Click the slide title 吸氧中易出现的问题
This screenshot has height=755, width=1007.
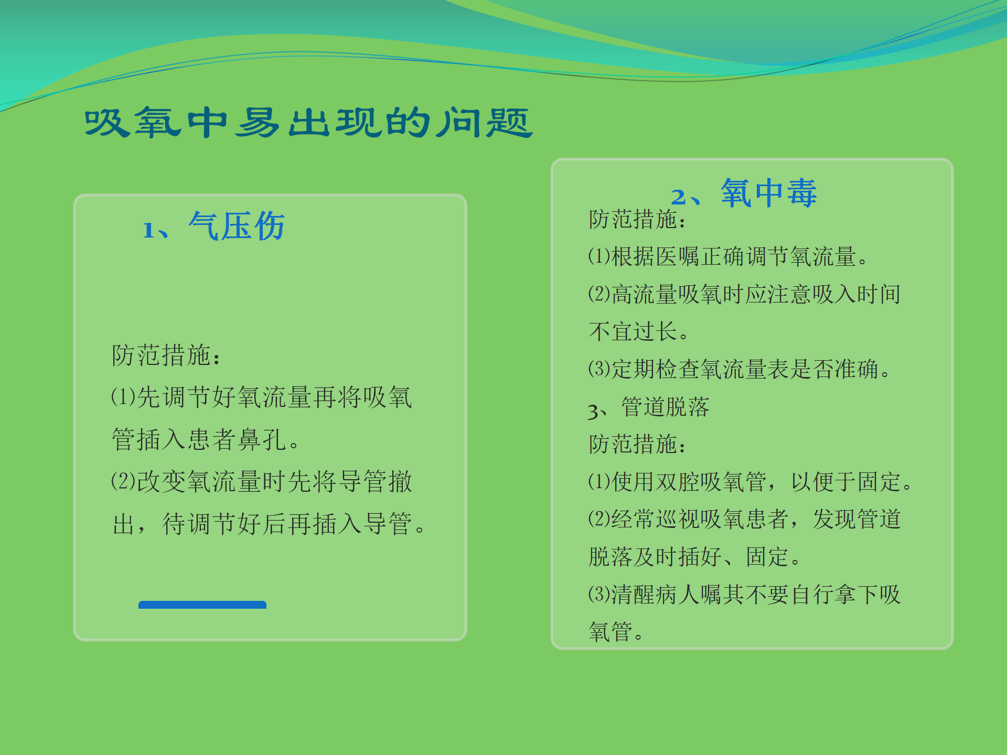308,123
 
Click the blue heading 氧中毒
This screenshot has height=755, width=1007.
768,193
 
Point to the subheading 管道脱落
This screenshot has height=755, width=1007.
665,407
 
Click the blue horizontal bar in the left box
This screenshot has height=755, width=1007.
202,605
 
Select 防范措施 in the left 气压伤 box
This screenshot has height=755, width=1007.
162,355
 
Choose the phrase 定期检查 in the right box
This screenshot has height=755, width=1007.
656,370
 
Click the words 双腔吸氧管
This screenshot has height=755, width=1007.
711,482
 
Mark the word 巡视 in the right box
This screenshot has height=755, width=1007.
678,520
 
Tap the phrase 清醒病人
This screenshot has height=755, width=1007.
656,595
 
